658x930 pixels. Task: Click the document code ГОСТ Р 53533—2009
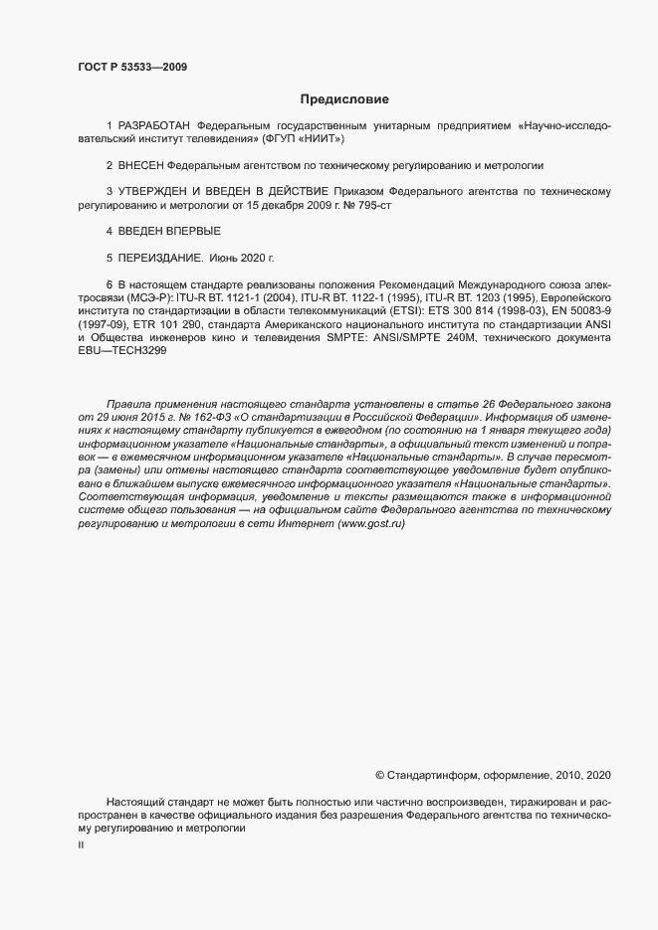click(132, 67)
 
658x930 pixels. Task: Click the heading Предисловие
click(344, 98)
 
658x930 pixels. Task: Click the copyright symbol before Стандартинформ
click(379, 774)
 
